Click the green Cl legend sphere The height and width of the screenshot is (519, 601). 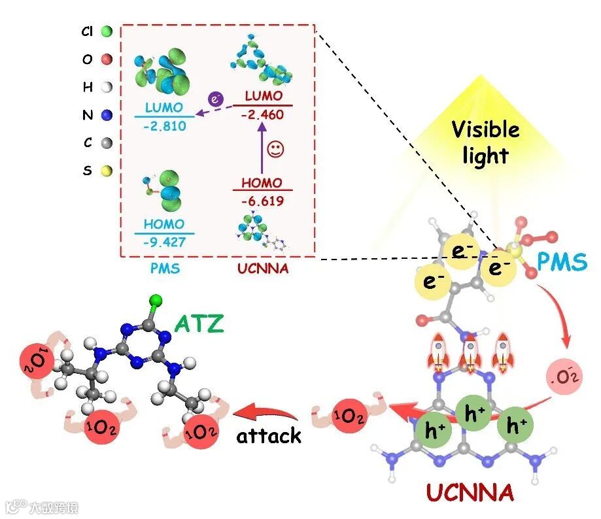(107, 30)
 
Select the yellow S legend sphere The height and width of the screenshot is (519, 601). (107, 171)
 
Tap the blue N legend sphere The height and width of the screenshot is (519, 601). (107, 115)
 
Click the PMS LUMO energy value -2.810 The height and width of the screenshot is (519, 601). (165, 124)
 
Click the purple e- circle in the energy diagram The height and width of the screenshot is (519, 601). (215, 99)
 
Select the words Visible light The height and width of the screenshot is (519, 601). (485, 142)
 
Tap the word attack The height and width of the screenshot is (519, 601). (269, 435)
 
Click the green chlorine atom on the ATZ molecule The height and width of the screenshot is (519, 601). (156, 301)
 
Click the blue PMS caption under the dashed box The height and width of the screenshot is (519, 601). (162, 268)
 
